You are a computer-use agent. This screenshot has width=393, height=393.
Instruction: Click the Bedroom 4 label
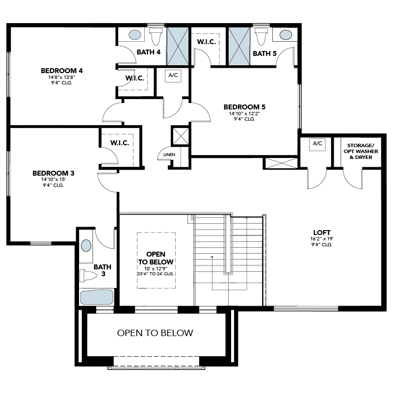point(62,71)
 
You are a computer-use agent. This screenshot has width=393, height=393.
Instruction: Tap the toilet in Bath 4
point(155,36)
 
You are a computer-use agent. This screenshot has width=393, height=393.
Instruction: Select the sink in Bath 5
point(286,35)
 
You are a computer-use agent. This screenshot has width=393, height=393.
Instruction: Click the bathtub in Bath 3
point(97,297)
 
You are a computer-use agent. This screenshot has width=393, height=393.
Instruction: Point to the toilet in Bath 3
point(88,275)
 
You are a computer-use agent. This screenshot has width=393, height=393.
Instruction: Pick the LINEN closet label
point(169,155)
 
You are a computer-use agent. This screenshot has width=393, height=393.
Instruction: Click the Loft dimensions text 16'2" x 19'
point(322,239)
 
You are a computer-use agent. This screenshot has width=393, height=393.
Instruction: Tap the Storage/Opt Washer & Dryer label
point(361,152)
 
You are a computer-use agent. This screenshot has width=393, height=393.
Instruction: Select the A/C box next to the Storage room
point(317,144)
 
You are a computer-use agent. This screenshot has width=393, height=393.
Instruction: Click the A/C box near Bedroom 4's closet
point(173,76)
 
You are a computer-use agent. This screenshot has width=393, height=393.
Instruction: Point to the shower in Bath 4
point(178,47)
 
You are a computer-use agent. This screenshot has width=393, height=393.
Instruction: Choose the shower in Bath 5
point(239,47)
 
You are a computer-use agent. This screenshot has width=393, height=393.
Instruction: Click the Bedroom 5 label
point(244,107)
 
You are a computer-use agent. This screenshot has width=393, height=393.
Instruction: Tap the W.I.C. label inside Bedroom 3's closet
point(120,143)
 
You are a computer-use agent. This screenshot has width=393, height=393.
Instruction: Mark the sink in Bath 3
point(86,246)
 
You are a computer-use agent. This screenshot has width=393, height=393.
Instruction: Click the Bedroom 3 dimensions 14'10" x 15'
point(53,180)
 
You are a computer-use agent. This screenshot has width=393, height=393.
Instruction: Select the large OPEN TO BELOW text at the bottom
point(155,333)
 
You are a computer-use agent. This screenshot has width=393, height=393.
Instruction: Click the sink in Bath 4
point(135,35)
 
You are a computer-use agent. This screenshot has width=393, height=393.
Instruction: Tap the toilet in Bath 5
point(261,36)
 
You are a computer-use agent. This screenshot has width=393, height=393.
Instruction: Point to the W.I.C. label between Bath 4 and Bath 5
point(207,42)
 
